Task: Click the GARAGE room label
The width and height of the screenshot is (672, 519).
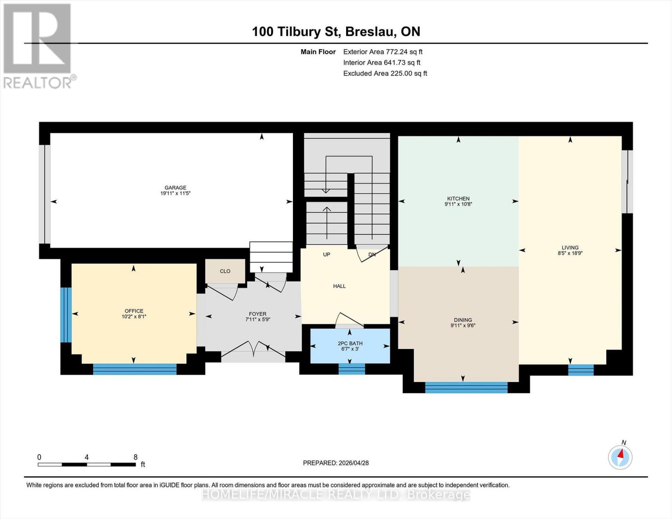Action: pos(175,188)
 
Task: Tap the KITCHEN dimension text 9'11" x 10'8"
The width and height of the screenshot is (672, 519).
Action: pos(458,204)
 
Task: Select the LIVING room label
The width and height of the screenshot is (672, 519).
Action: pos(570,248)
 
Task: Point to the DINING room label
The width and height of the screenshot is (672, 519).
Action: pos(463,320)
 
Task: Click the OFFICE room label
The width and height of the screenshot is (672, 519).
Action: pos(134,311)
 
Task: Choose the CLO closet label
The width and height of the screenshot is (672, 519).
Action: pos(225,271)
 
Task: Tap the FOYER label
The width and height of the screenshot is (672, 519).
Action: pos(257,314)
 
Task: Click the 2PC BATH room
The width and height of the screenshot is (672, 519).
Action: pos(350,346)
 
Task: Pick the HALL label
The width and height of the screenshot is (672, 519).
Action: pos(339,286)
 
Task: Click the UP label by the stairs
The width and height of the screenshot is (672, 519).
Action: pos(327,254)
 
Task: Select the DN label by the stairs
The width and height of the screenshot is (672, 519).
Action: pos(372,254)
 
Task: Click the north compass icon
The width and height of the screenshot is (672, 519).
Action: pos(620,456)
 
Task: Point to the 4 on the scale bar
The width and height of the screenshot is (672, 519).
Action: pos(87,457)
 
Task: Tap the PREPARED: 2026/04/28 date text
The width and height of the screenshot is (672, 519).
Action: pos(336,463)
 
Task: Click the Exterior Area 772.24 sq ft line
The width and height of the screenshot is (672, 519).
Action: pos(383,51)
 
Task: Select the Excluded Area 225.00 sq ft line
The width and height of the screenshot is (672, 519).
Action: pos(385,73)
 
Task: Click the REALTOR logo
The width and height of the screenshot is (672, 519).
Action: pos(38,45)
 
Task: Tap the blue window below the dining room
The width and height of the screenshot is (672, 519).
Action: pos(466,387)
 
